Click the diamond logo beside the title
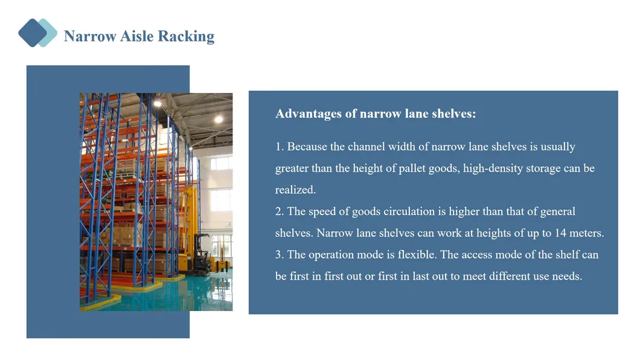(x=37, y=33)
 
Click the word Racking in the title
(x=186, y=36)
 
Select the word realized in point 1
(x=295, y=190)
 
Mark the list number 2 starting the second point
(x=279, y=211)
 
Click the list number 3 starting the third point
(x=279, y=255)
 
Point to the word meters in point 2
(x=586, y=233)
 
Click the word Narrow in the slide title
(x=90, y=36)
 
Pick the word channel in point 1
(x=366, y=147)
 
